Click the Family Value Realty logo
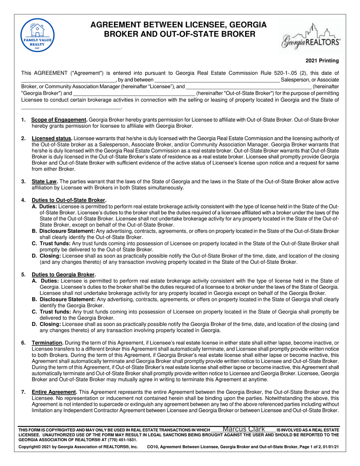[x=37, y=35]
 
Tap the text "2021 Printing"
[x=322, y=61]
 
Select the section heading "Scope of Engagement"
[x=59, y=120]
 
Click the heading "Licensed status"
[x=52, y=138]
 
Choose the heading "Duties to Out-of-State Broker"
[x=68, y=200]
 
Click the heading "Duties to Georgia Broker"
[x=63, y=275]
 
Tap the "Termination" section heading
[x=47, y=343]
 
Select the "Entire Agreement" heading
[x=54, y=392]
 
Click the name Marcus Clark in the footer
[x=243, y=429]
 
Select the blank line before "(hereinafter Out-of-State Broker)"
[x=134, y=94]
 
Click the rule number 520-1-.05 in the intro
[x=285, y=73]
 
